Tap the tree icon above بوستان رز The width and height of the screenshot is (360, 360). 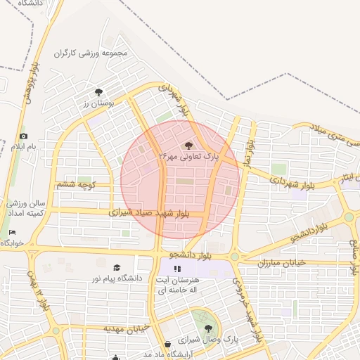[x=98, y=91]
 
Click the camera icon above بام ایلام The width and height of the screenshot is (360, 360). [x=23, y=136]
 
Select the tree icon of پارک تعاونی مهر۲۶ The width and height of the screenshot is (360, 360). [x=188, y=145]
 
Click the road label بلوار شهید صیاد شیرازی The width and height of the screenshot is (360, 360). [x=156, y=212]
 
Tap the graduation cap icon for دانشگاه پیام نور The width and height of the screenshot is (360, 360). [x=117, y=267]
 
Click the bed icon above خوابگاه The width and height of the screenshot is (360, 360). [x=12, y=233]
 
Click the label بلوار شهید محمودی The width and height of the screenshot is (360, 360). [x=250, y=313]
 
